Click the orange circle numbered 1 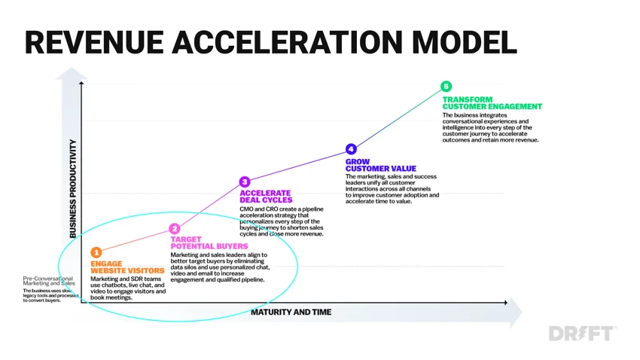point(96,252)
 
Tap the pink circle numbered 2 point(175,228)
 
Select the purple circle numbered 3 point(245,182)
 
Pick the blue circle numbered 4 point(351,149)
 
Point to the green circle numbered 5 point(446,86)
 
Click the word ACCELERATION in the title point(288,42)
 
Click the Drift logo point(583,334)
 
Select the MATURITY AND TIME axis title point(291,313)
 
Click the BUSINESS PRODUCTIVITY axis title point(72,188)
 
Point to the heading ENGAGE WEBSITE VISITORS point(127,267)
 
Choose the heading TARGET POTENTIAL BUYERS point(209,243)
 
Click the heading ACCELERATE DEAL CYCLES point(266,197)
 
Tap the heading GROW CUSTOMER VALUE point(381,165)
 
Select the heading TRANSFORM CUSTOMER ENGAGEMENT point(492,103)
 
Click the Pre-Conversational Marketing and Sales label point(49,281)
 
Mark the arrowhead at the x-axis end point(506,303)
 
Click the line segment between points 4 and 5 point(398,117)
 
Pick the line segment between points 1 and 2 point(135,240)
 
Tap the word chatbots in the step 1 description point(114,285)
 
